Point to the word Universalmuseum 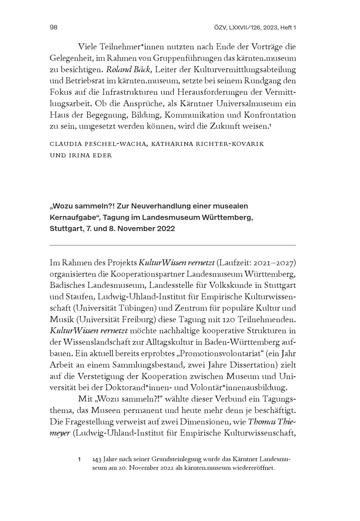pyautogui.click(x=249, y=104)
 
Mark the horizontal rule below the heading pyautogui.click(x=172, y=245)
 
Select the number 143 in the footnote pyautogui.click(x=96, y=460)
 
